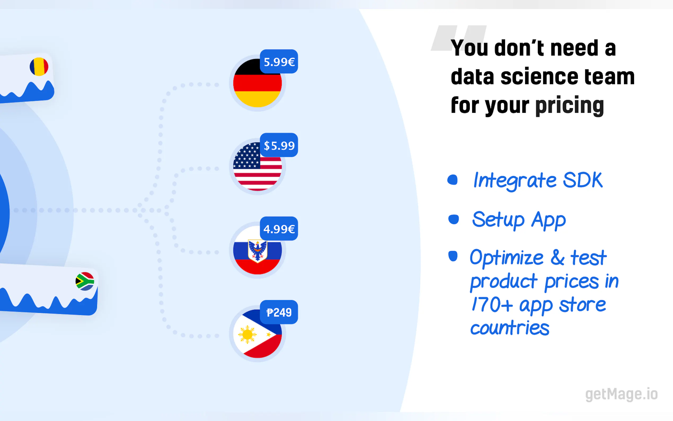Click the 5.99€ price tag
point(279,62)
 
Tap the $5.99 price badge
point(279,145)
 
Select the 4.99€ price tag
point(279,229)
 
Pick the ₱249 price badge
point(279,312)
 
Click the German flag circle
point(257,83)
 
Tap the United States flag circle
point(257,166)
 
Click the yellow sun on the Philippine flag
point(247,334)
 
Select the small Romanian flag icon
point(39,67)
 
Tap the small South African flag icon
point(85,281)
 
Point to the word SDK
point(583,180)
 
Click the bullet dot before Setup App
point(454,220)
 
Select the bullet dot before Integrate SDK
point(452,179)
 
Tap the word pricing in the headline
point(569,106)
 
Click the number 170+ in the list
point(492,304)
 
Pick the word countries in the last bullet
point(510,328)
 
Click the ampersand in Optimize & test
point(557,257)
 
